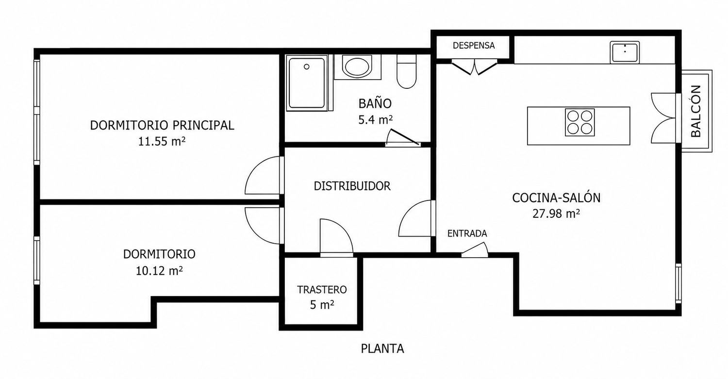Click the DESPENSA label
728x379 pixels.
click(474, 46)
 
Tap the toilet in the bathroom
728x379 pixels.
click(406, 71)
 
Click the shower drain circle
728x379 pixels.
click(306, 66)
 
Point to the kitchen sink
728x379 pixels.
click(625, 52)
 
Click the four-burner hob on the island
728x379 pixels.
click(579, 122)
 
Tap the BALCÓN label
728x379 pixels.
click(696, 111)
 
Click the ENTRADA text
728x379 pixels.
click(467, 233)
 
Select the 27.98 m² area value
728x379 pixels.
click(556, 214)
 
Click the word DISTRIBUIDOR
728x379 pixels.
click(352, 186)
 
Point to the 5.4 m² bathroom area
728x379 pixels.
click(375, 119)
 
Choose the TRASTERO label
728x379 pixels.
click(322, 290)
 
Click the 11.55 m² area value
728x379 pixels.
click(162, 141)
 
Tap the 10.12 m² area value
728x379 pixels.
click(159, 271)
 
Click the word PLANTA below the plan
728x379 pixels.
click(382, 349)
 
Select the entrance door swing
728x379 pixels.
click(475, 250)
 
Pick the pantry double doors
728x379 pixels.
click(475, 67)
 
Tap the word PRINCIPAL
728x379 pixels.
click(203, 125)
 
